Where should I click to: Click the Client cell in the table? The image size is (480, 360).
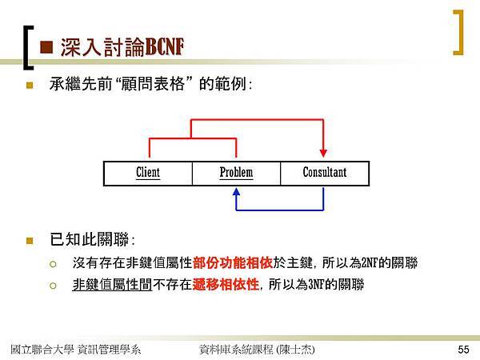coord(148,174)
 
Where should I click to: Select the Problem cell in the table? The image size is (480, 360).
coord(236,174)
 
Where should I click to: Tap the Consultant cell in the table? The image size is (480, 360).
coord(325,174)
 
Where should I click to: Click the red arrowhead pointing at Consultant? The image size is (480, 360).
coord(323,153)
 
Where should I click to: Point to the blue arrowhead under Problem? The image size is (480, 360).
coord(236,192)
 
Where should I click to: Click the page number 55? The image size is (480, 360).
coord(463,350)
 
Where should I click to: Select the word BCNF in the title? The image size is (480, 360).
coord(164,47)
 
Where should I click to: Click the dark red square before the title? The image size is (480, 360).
coord(46,47)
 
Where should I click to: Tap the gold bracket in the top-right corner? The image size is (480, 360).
coord(458,33)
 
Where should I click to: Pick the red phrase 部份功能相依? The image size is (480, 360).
coord(233,262)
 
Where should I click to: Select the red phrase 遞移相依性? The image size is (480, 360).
coord(226,284)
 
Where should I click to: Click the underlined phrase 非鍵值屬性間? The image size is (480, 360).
coord(112,284)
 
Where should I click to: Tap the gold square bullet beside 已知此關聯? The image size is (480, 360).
coord(30,241)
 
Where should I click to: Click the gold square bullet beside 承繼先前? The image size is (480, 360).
coord(30,85)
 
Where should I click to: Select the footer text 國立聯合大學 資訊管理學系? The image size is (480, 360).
coord(76,350)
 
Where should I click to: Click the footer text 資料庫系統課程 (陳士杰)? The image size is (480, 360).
coord(257,350)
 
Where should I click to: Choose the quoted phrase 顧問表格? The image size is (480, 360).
coord(153,84)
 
